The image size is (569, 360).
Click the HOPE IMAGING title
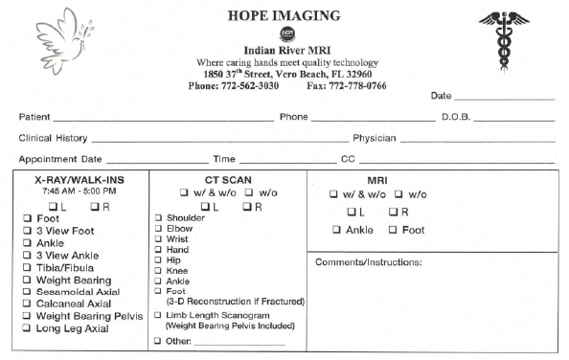[284, 15]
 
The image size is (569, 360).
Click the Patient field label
[34, 117]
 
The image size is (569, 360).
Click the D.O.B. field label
[457, 117]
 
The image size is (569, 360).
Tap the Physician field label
[375, 138]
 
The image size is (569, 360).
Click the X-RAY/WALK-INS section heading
[79, 179]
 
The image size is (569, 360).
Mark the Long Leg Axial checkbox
[28, 328]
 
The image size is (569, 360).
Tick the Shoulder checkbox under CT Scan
[158, 217]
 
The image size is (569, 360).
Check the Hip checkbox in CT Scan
[158, 259]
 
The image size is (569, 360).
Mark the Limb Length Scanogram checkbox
[158, 315]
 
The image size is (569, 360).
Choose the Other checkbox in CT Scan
[158, 341]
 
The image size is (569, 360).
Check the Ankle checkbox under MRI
[336, 230]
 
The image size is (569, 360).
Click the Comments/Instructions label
[369, 262]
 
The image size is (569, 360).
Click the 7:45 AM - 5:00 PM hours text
[79, 191]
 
